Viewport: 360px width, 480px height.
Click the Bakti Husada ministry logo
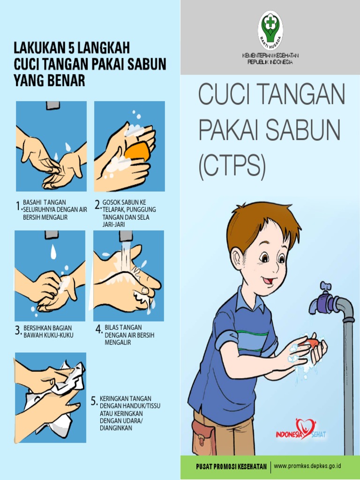(x=270, y=29)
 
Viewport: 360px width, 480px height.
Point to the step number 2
(x=97, y=205)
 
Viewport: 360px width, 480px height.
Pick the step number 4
(x=99, y=330)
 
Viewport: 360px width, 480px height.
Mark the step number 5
(x=94, y=401)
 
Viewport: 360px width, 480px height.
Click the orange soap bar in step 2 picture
(x=137, y=151)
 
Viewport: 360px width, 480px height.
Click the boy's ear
(x=238, y=259)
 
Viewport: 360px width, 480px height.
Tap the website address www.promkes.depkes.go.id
(x=307, y=466)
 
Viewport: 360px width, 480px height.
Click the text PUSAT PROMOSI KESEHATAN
(x=232, y=466)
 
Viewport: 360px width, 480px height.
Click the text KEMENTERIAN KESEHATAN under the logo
(x=270, y=56)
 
